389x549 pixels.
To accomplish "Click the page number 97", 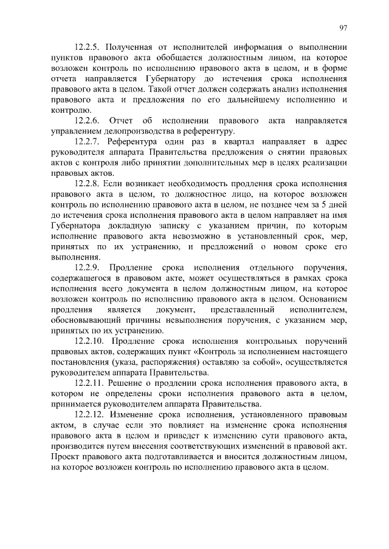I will point(343,27).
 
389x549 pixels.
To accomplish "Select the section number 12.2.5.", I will point(89,47).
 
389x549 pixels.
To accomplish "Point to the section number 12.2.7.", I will point(89,141).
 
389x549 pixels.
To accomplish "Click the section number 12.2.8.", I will point(89,183).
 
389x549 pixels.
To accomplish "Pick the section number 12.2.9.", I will point(89,267).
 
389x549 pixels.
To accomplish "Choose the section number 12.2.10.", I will point(92,341).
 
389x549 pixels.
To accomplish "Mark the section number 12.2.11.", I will point(92,383).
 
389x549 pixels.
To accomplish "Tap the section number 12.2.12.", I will point(92,414).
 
